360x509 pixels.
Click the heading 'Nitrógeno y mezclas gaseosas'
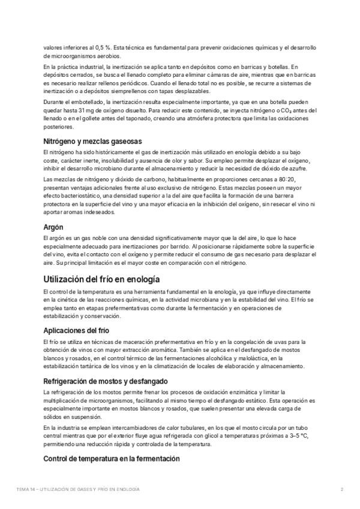[92, 140]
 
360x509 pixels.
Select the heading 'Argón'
[55, 227]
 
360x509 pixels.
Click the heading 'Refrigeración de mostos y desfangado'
[104, 381]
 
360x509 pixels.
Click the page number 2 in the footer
[341, 489]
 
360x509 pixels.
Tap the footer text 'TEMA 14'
[26, 489]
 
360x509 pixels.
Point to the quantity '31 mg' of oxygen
[85, 110]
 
